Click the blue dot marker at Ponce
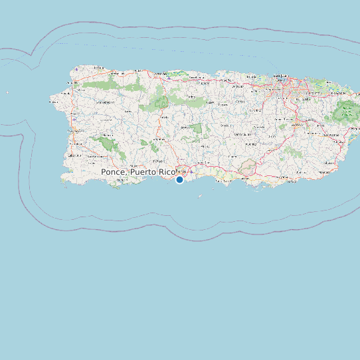tap(179, 179)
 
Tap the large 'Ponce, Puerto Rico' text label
tap(138, 172)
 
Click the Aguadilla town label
tap(71, 82)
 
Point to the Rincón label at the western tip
tap(53, 102)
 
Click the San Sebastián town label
tap(104, 102)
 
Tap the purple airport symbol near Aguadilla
tap(77, 69)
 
